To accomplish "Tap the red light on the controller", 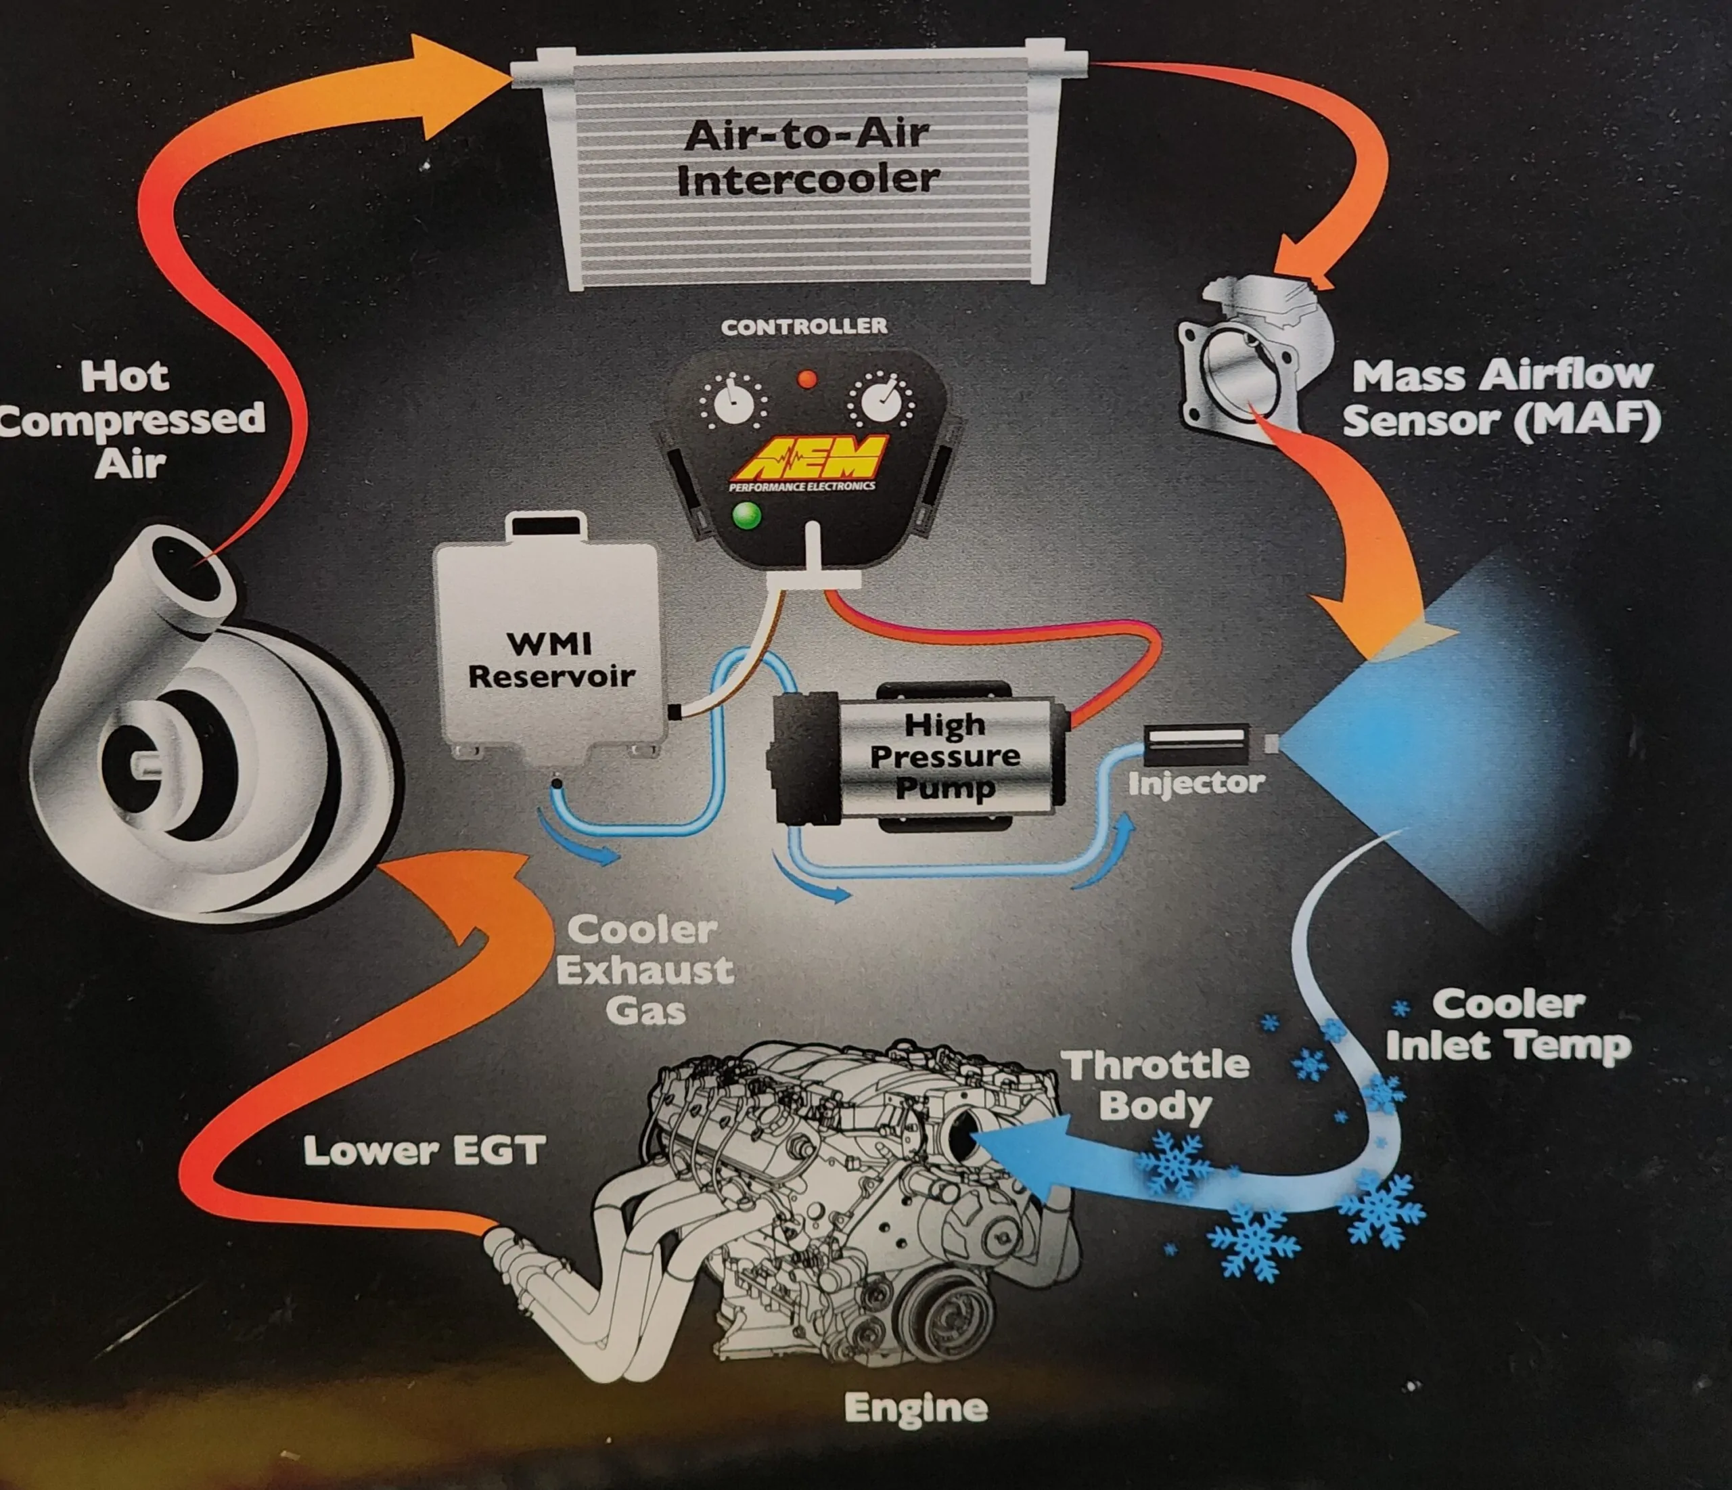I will tap(806, 380).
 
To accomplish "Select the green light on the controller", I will tap(746, 515).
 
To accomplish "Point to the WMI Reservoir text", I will tap(550, 660).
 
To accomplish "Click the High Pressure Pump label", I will tap(944, 755).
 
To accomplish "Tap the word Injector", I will tap(1195, 784).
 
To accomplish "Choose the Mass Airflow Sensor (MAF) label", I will tap(1501, 398).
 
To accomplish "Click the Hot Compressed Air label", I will tap(130, 420).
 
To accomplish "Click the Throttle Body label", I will tap(1157, 1085).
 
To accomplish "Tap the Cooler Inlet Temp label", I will tap(1508, 1025).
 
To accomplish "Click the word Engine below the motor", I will tap(915, 1408).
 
